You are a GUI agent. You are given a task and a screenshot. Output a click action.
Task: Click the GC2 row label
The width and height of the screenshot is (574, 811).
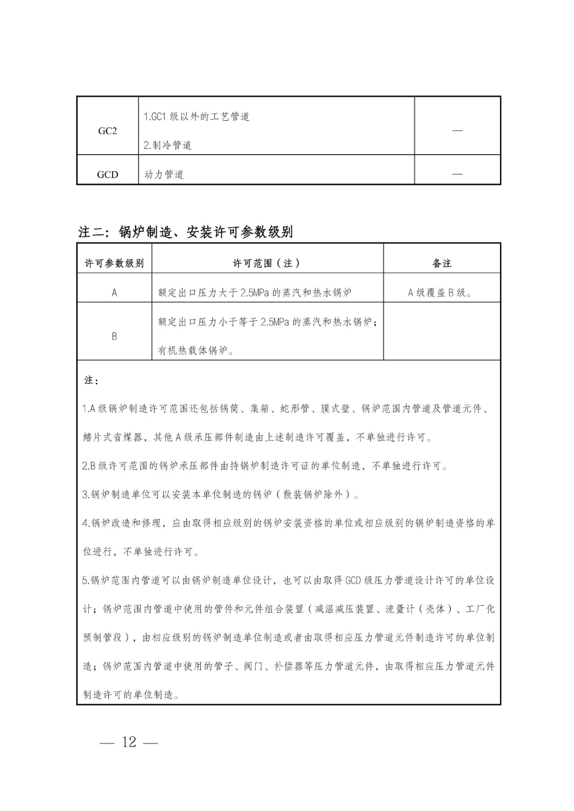click(x=107, y=131)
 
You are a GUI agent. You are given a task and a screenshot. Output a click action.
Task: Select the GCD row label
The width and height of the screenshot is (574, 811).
click(x=107, y=174)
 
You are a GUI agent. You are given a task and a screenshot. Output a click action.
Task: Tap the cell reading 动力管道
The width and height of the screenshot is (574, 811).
click(x=164, y=174)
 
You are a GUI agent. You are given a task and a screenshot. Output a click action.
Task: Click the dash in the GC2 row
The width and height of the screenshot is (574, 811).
click(x=457, y=131)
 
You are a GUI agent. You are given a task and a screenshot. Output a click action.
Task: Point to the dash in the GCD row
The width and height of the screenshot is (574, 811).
click(x=457, y=174)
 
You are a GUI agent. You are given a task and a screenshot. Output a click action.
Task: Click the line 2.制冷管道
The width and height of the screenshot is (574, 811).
click(x=167, y=145)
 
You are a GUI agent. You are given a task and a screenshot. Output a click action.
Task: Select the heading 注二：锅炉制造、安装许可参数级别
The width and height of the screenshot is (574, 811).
click(x=185, y=232)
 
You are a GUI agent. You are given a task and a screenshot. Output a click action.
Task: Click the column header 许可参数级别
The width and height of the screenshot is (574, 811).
click(x=114, y=263)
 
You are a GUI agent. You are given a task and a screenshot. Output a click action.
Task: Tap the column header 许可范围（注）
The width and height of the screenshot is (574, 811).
click(x=267, y=263)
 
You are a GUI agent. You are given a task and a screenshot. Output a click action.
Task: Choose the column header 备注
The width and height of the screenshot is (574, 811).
click(x=442, y=263)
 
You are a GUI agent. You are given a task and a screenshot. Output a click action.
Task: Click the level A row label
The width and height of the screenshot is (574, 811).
click(x=114, y=292)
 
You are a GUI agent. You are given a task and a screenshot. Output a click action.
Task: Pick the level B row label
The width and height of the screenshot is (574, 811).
click(x=114, y=336)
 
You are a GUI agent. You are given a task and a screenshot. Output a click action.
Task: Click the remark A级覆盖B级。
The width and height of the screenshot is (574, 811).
click(x=440, y=292)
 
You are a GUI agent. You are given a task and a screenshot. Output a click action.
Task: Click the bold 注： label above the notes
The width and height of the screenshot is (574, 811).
click(x=91, y=381)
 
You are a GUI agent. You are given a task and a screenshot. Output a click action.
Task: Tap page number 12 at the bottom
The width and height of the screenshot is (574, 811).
click(x=129, y=742)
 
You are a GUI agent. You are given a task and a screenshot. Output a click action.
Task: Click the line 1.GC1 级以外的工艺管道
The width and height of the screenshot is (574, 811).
click(x=196, y=116)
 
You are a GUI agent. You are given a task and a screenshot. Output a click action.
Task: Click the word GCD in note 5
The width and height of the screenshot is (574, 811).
click(x=353, y=580)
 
